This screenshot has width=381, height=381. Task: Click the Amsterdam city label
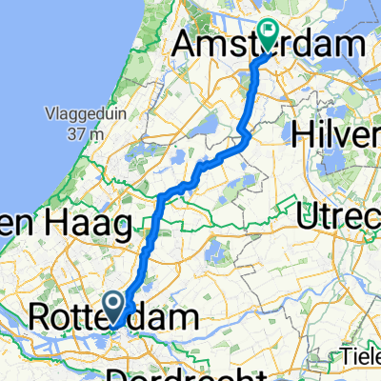tap(271, 45)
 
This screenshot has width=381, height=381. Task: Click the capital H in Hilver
tap(309, 135)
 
